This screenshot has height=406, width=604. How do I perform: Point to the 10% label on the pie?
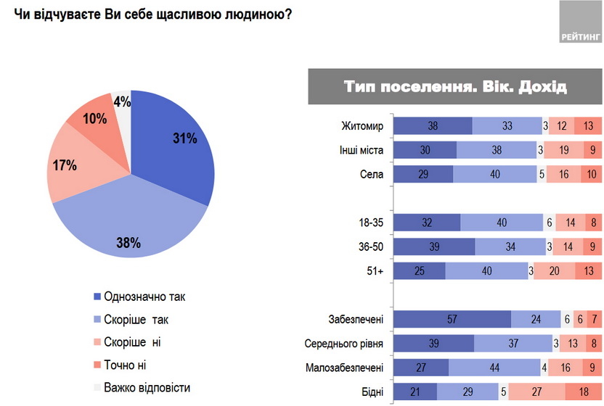94,117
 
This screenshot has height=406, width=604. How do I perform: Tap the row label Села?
370,173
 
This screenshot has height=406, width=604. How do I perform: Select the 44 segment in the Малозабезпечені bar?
493,368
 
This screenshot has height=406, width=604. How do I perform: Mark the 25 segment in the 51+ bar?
419,271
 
